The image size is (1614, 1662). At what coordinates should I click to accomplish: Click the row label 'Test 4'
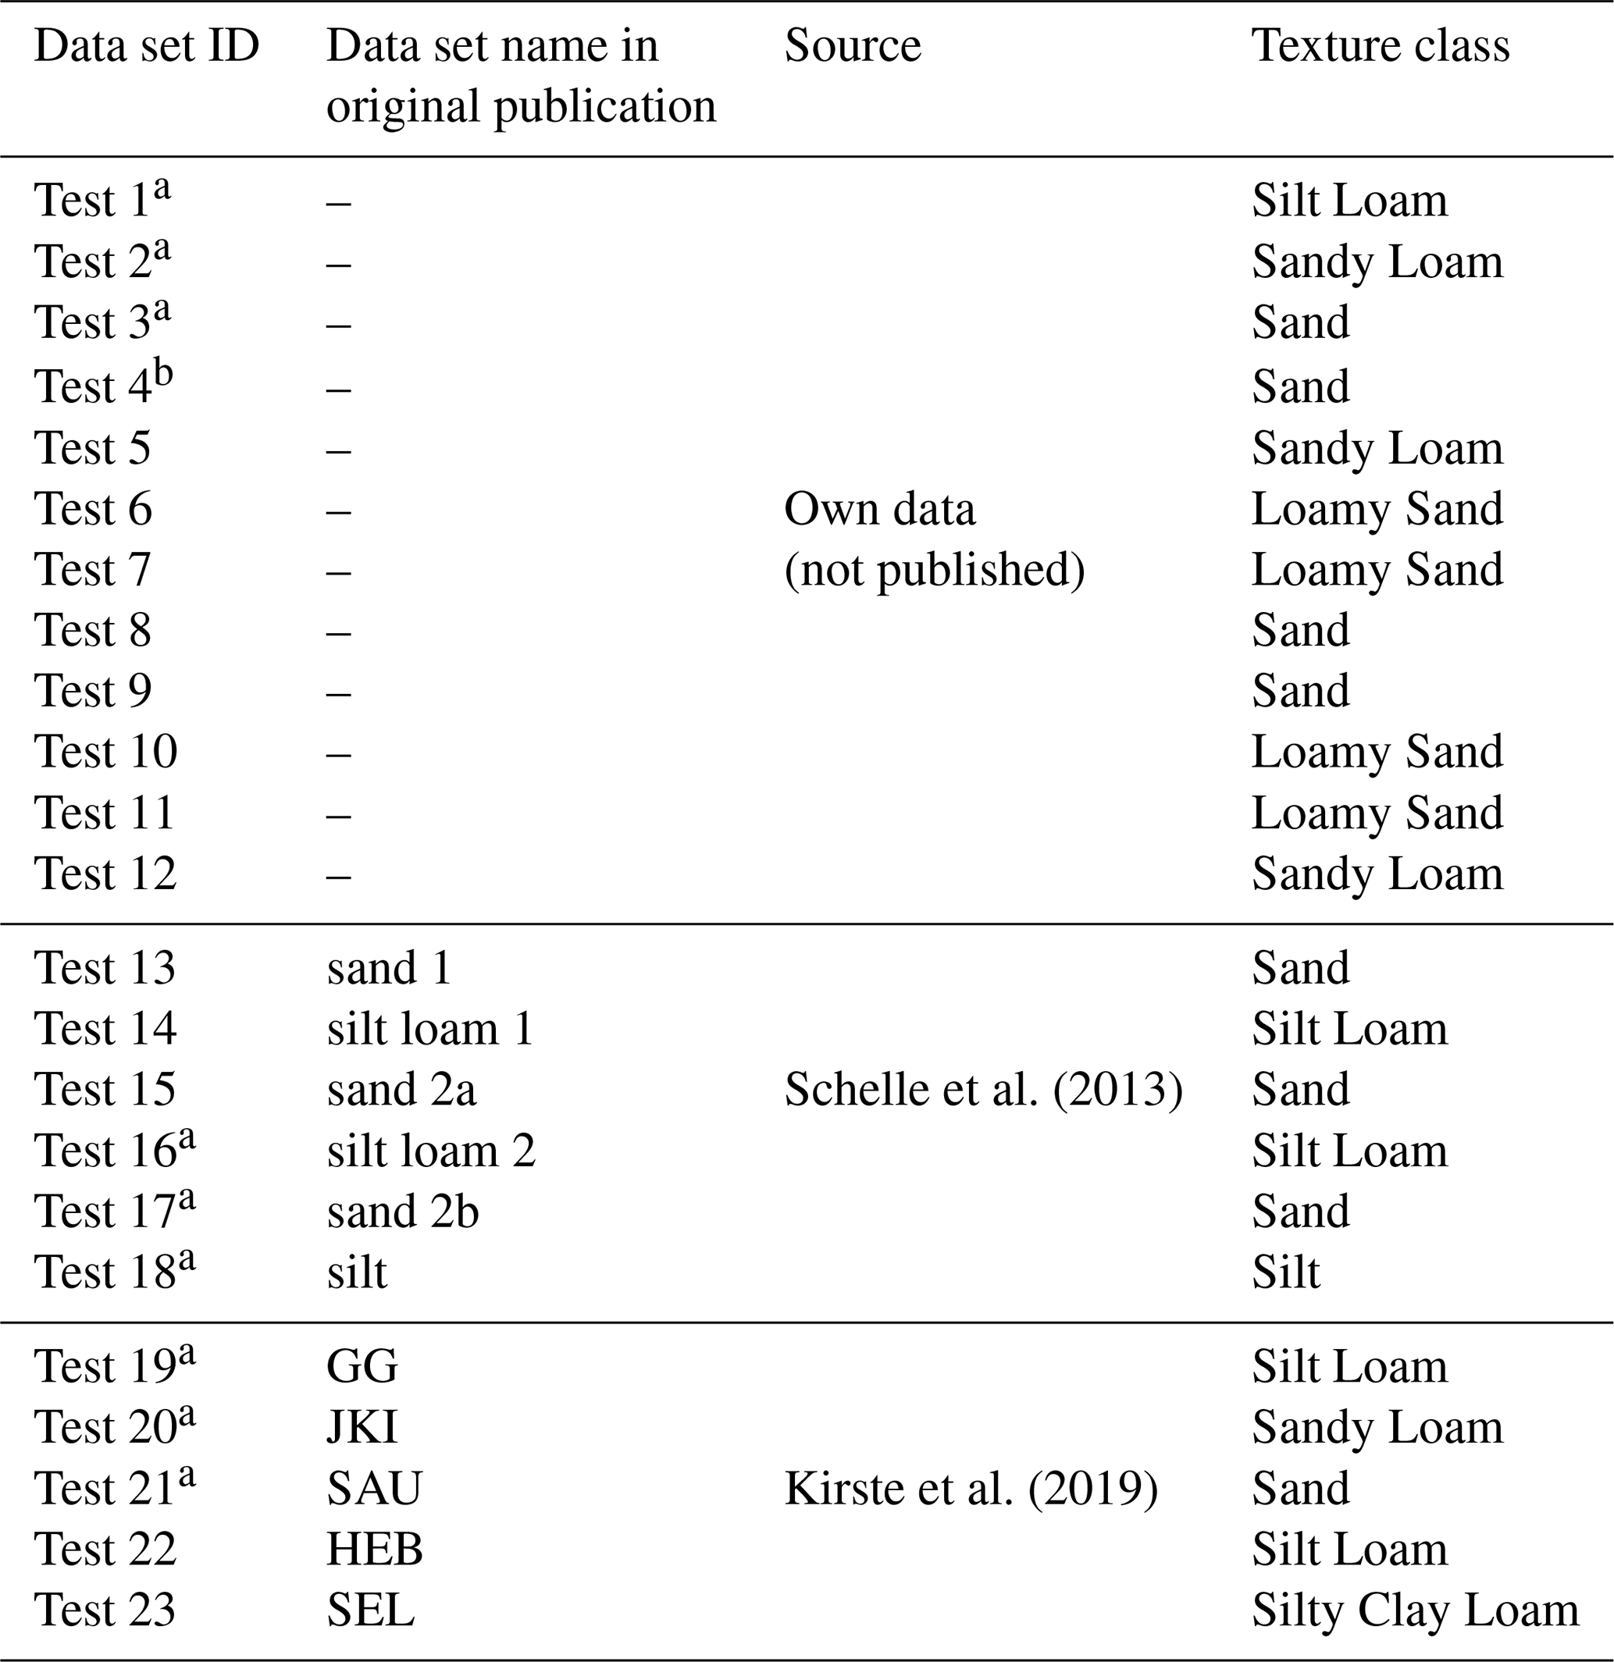[93, 386]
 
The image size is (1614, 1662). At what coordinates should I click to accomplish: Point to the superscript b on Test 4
[164, 372]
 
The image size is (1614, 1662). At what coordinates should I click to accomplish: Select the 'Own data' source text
[879, 509]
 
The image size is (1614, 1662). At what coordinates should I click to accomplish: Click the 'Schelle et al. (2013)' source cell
[983, 1089]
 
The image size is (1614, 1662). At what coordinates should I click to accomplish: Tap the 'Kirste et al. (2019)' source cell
[971, 1488]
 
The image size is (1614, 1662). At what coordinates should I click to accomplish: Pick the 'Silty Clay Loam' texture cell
[1415, 1610]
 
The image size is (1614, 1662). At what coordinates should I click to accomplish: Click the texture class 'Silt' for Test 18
[1286, 1272]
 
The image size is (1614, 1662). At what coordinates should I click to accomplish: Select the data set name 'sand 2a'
[401, 1089]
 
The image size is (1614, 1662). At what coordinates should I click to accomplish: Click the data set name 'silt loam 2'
[431, 1151]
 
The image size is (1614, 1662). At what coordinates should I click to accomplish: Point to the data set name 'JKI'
[362, 1427]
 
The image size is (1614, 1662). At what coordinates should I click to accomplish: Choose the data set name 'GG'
[362, 1366]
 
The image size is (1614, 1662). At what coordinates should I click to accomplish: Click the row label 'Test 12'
[105, 874]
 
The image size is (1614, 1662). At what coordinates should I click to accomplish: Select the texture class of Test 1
[1349, 201]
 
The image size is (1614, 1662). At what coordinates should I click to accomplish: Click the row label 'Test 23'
[105, 1610]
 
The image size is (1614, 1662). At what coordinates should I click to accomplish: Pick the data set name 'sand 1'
[388, 967]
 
